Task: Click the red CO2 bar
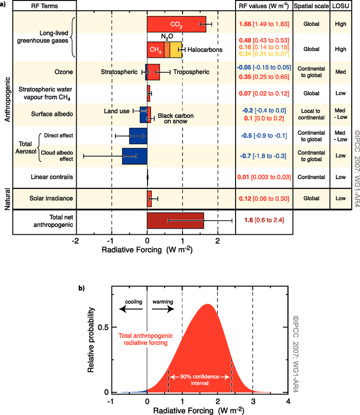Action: [176, 24]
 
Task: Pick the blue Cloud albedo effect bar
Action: [134, 156]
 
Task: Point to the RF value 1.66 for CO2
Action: [245, 24]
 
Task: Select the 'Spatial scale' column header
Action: [311, 6]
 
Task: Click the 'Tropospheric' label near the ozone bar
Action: [190, 72]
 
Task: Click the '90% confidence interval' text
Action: [200, 380]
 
